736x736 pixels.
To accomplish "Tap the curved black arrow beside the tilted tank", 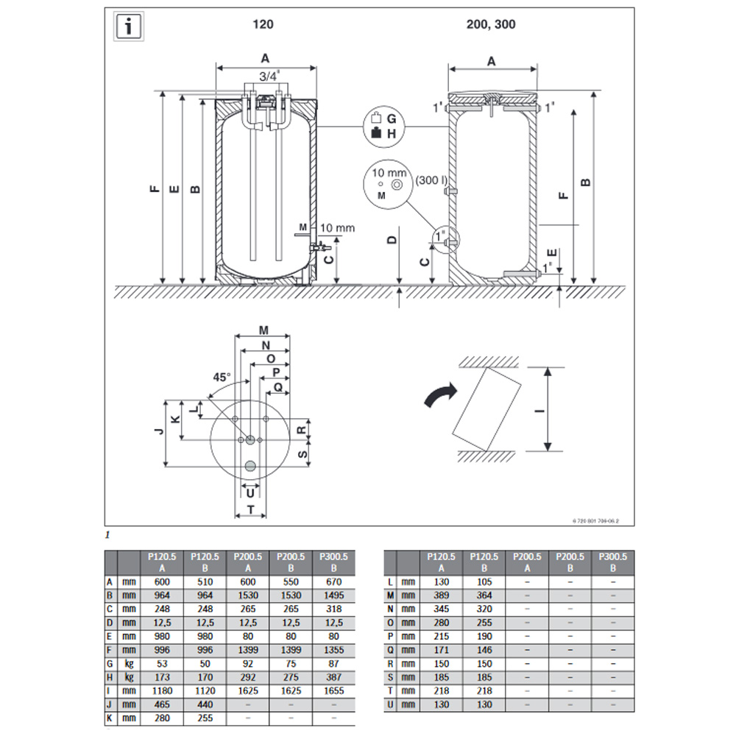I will [x=440, y=395].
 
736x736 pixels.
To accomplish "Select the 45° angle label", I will [x=222, y=377].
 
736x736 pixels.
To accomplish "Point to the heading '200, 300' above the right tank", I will [x=491, y=24].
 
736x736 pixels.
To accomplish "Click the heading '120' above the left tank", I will [x=263, y=24].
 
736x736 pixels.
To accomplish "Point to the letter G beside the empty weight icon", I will [x=392, y=118].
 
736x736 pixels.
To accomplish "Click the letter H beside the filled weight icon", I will [x=392, y=134].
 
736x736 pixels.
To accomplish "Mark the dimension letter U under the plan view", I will [x=250, y=491].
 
